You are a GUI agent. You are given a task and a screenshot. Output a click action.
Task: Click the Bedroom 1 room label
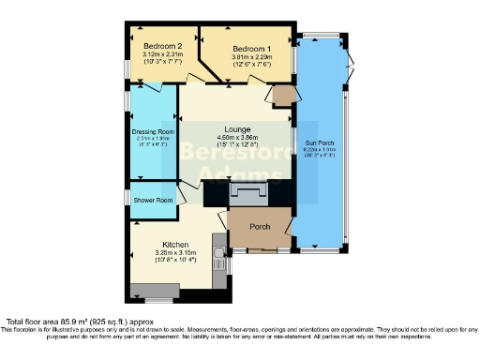click(x=252, y=49)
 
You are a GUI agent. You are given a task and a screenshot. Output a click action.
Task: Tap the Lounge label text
click(x=236, y=128)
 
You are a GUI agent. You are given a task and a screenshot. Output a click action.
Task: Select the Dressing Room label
click(x=153, y=132)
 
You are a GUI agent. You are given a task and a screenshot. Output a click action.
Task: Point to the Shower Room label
click(x=152, y=201)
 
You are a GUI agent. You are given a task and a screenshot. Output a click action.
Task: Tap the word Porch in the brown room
click(x=260, y=228)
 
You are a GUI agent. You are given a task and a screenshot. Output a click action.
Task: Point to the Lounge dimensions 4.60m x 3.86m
click(x=235, y=138)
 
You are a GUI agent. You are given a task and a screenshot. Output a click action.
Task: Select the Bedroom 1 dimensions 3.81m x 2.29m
click(x=251, y=58)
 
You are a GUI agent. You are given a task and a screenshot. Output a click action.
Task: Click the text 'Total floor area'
click(x=37, y=320)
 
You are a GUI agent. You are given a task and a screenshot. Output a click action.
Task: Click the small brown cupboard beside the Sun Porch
click(x=280, y=95)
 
